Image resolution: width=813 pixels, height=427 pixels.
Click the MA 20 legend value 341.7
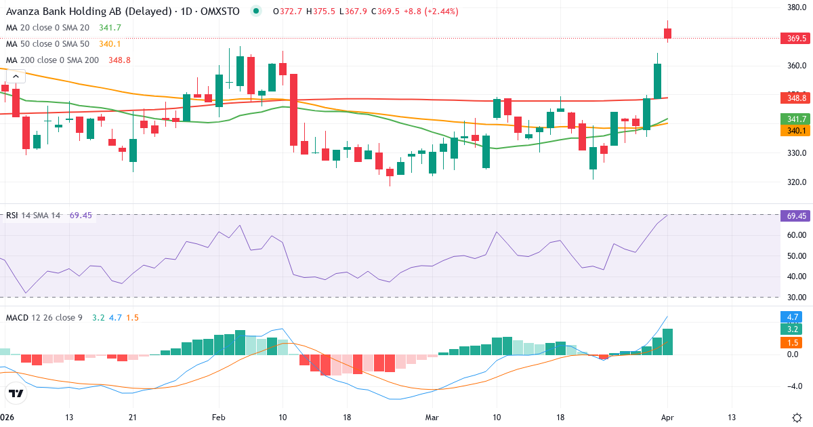[110, 28]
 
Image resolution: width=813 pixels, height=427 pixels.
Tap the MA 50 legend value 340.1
[110, 44]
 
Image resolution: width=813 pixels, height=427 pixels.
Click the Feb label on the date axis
[218, 417]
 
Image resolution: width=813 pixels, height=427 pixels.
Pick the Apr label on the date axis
[667, 417]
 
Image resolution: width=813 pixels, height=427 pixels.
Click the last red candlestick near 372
[668, 33]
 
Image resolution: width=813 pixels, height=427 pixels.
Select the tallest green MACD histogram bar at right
[667, 342]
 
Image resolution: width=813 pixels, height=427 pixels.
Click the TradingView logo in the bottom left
[16, 393]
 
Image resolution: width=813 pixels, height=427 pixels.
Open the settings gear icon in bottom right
[797, 417]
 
